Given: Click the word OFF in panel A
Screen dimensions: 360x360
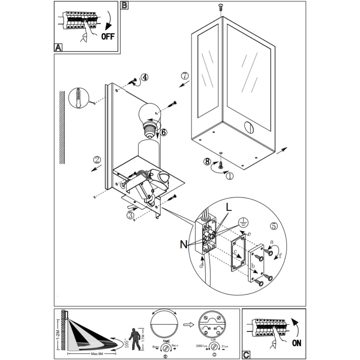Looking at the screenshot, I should pos(108,36).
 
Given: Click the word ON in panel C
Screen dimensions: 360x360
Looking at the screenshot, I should pos(296,343).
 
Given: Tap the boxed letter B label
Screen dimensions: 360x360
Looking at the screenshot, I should pos(125,5).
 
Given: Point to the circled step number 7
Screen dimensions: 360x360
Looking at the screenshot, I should pos(184,76).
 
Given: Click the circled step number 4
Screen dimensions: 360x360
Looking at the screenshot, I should pos(144,77).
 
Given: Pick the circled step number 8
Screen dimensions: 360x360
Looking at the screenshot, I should pos(207,161).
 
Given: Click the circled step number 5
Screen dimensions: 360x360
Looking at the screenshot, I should pos(273,226).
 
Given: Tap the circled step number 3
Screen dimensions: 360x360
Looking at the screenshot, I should pos(130,215).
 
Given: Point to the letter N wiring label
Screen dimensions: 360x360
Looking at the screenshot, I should pos(184,244).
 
